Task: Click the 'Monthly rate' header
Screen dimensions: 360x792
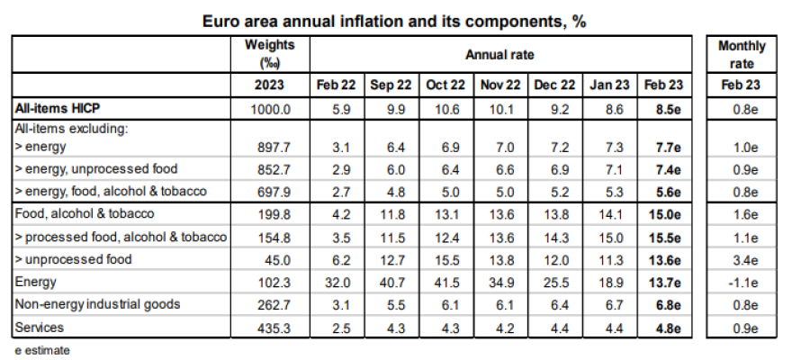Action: [742, 53]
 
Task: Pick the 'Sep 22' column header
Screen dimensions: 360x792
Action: [391, 85]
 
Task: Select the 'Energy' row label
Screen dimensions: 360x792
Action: [36, 282]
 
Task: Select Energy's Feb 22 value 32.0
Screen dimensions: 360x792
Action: [337, 282]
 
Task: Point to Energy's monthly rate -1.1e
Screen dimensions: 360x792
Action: [742, 282]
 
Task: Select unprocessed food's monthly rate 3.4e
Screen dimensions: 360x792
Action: [742, 259]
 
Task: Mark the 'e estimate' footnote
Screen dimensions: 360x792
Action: [42, 349]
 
